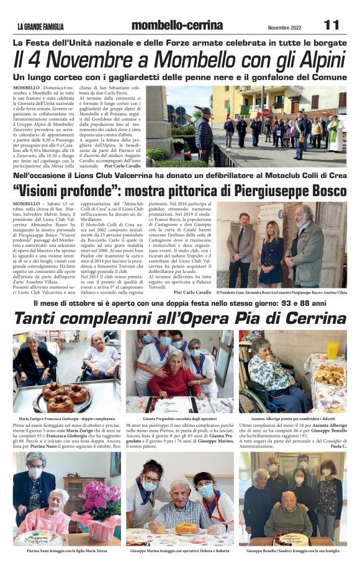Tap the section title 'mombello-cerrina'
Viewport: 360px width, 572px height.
tap(177, 25)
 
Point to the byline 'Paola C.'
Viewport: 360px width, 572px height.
tap(338, 446)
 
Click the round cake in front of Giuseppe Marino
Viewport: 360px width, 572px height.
tap(188, 528)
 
